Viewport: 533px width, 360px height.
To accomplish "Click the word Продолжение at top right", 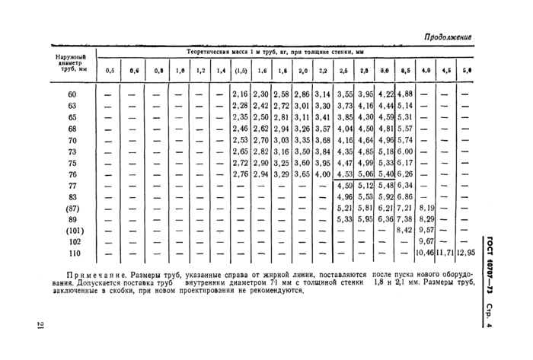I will pyautogui.click(x=447, y=37).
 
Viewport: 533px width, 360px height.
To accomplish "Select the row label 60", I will pyautogui.click(x=72, y=94).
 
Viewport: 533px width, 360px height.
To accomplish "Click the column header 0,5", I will pyautogui.click(x=110, y=71).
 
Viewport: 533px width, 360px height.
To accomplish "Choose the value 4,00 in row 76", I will pyautogui.click(x=322, y=174).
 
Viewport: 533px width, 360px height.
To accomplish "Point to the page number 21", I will pyautogui.click(x=40, y=327).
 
